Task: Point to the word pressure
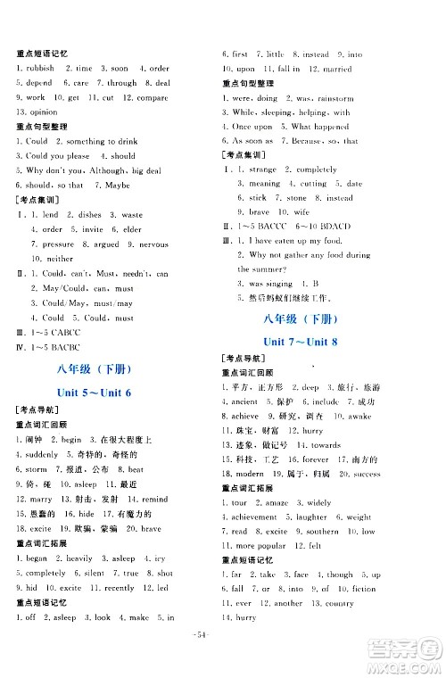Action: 59,244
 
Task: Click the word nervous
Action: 152,244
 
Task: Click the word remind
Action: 154,499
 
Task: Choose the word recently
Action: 120,588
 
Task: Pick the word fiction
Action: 363,589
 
